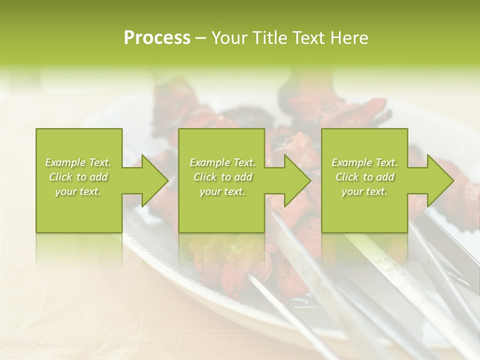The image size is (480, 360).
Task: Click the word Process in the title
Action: (x=157, y=38)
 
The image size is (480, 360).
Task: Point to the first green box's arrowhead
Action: (x=154, y=180)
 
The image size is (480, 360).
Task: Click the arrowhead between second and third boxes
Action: (x=297, y=180)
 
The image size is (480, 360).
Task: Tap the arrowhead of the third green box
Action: (x=440, y=180)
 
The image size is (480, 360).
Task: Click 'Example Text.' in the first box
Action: (x=78, y=162)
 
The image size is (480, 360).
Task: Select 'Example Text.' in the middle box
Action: (x=222, y=162)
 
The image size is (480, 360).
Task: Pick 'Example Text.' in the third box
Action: (x=364, y=162)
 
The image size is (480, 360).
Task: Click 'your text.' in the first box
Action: (x=78, y=191)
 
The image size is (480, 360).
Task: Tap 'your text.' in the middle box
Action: (x=222, y=191)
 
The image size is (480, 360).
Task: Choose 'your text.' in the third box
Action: (x=364, y=191)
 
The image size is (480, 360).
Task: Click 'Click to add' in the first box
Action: (x=78, y=177)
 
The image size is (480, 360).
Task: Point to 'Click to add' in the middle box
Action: (x=222, y=177)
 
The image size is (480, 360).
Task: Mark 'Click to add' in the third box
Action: (x=364, y=177)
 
